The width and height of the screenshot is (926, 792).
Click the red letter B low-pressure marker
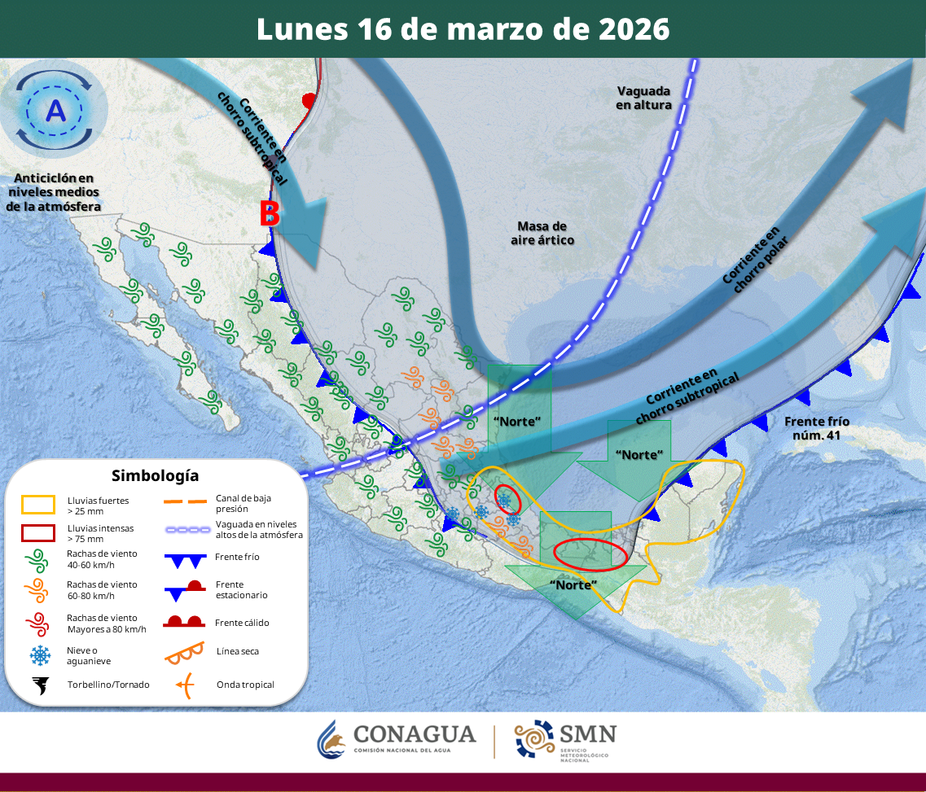coord(270,214)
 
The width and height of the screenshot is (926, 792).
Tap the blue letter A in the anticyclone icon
coord(55,111)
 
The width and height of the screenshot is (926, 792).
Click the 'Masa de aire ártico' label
coord(542,233)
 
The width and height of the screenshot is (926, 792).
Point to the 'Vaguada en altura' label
coord(643,98)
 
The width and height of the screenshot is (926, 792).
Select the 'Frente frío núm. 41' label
coord(816,428)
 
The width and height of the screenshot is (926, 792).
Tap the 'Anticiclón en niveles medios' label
coord(53,193)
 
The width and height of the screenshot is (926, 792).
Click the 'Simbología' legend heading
coord(155,475)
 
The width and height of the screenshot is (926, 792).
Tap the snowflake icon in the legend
coord(38,654)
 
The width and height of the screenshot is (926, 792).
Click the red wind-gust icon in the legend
coord(38,624)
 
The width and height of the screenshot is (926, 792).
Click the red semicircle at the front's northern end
coord(308,100)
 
